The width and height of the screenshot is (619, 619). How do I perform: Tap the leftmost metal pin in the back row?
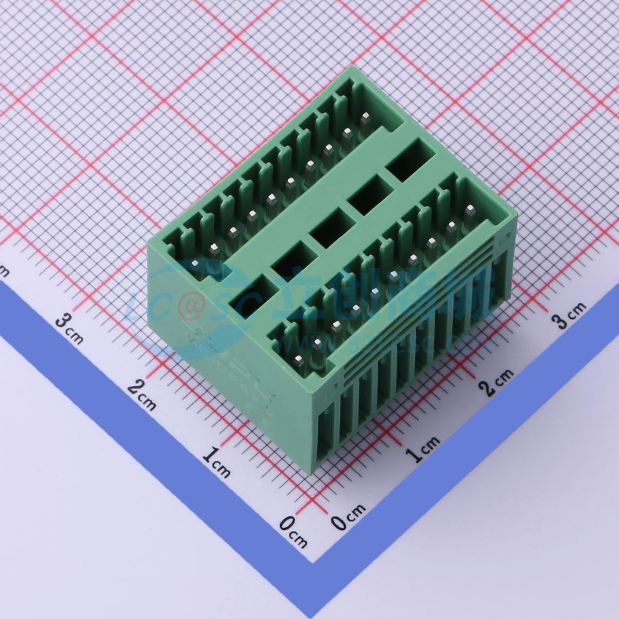point(195,264)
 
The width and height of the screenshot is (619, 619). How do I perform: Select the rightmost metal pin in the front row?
point(469,210)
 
